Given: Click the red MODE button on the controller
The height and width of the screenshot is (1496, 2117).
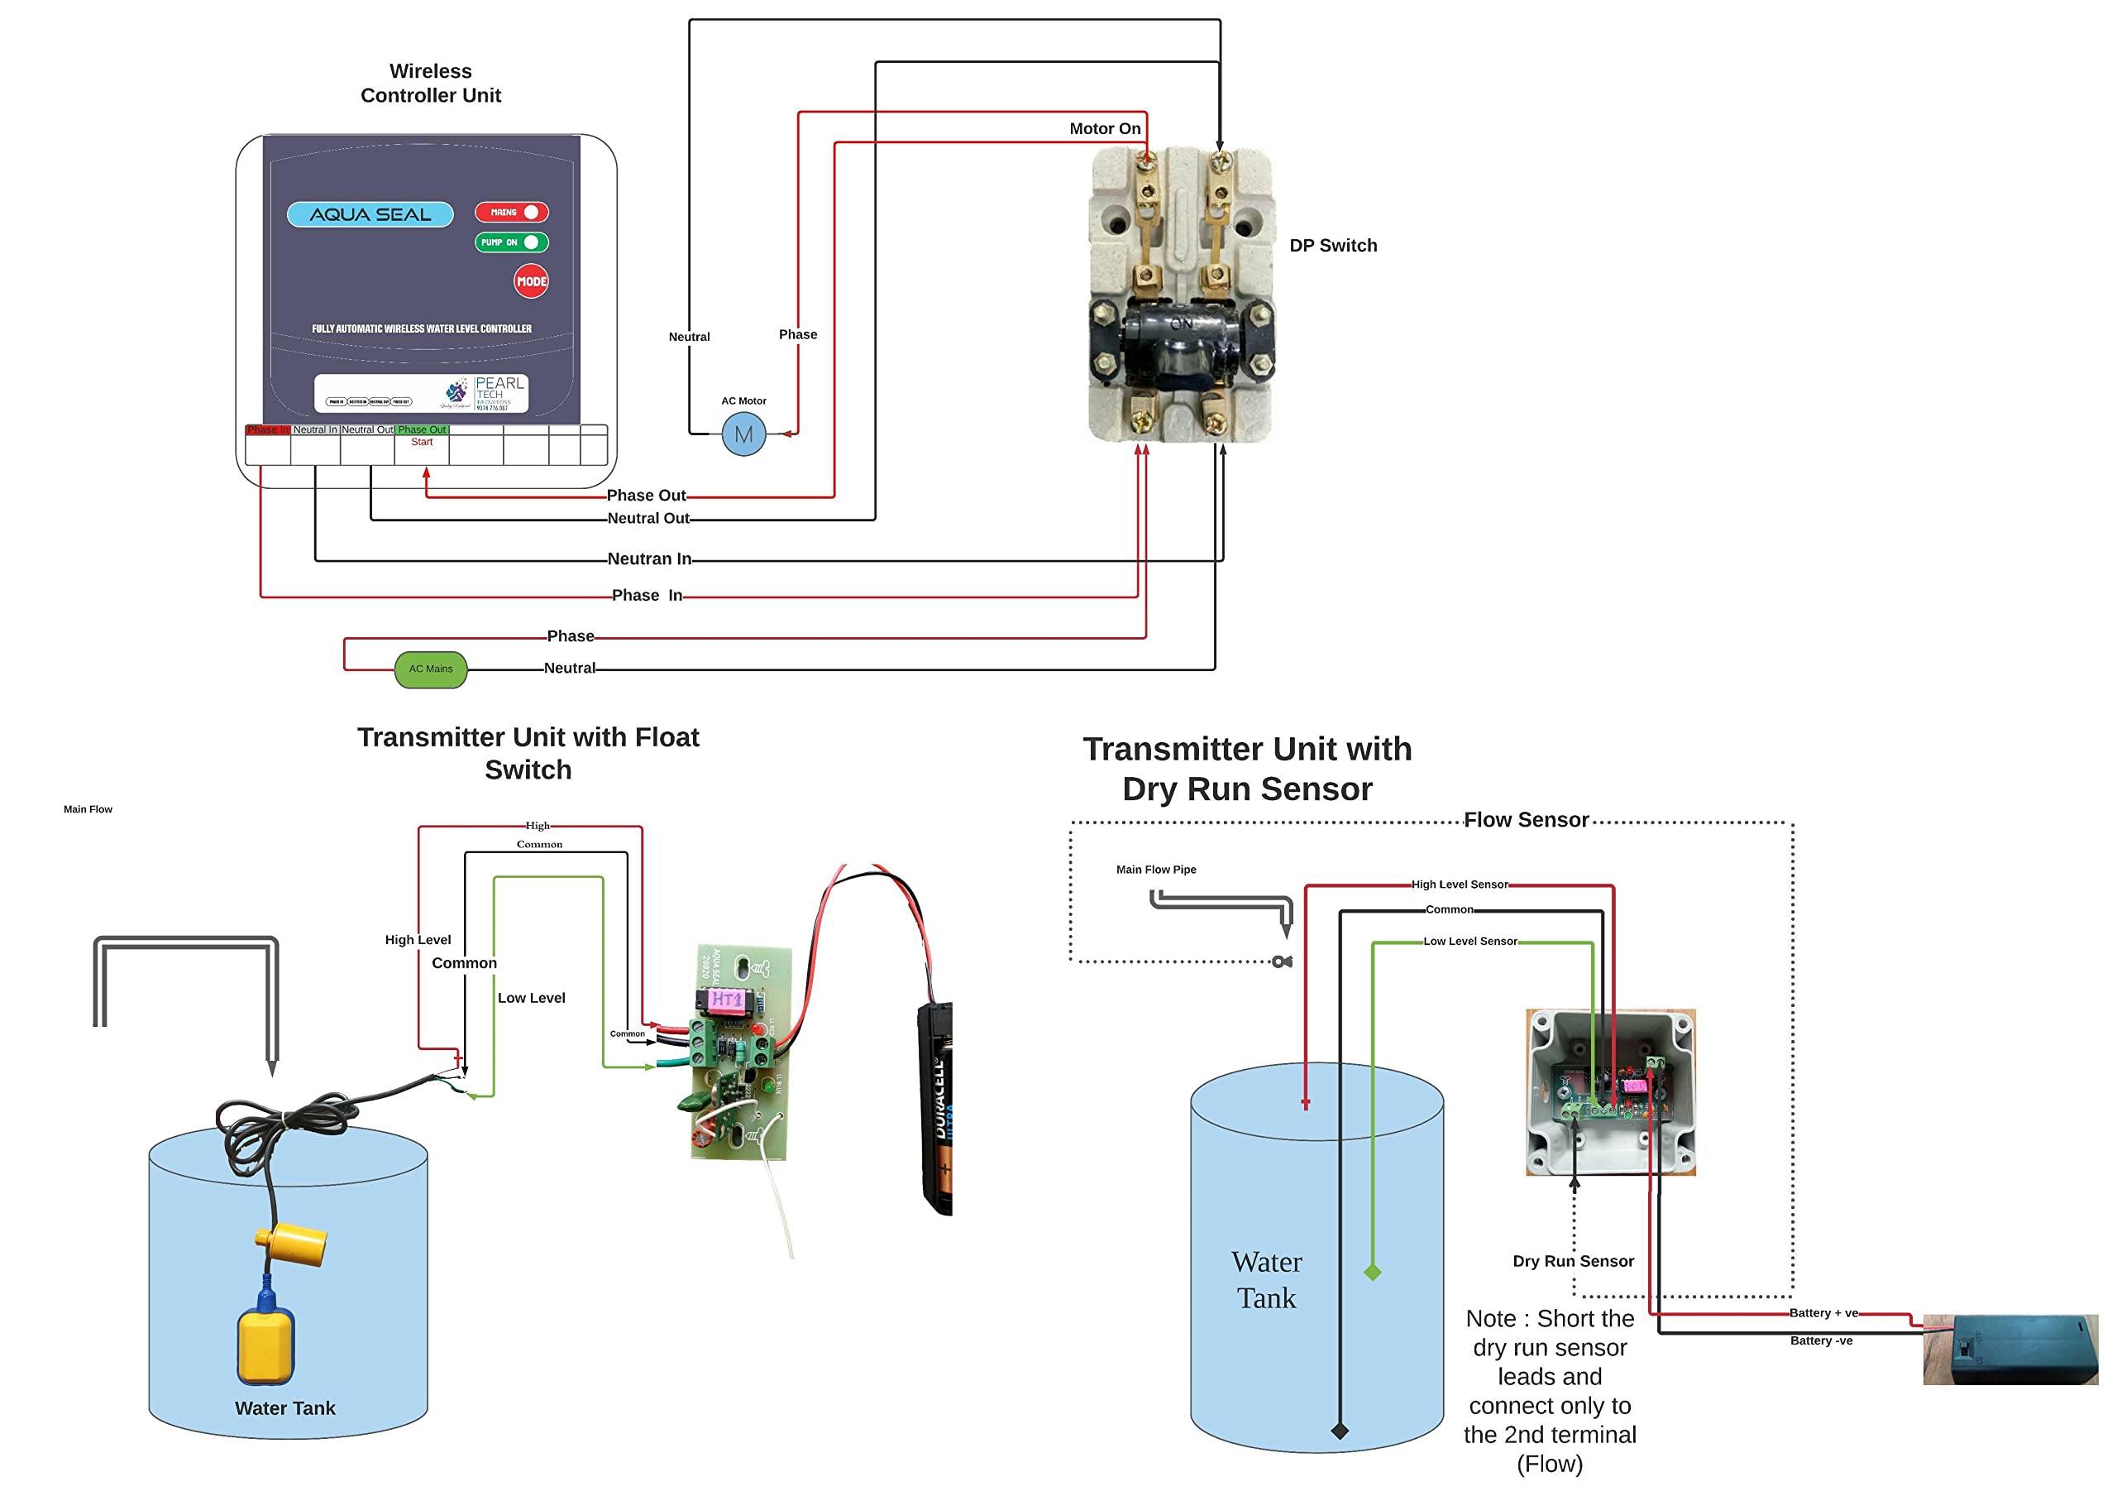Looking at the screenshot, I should pos(531,281).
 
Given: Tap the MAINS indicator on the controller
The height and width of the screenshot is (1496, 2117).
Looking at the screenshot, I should pos(512,212).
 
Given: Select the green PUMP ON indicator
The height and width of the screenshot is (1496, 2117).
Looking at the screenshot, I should pos(512,242).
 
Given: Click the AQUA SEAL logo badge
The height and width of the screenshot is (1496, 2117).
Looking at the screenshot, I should pos(370,214).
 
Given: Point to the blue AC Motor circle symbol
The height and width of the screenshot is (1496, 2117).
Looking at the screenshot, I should pos(743,434).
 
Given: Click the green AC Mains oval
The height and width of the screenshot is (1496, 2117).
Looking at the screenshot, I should pos(431,669).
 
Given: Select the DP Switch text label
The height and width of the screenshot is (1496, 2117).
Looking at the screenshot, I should pos(1333,246).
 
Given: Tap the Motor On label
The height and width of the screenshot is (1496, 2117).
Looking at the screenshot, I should pos(1105,129).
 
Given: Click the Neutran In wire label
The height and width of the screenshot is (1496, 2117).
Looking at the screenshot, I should pos(649,559).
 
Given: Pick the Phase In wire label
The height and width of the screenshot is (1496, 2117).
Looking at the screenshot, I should pos(648,596).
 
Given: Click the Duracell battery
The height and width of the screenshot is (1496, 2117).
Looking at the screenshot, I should pos(936,1107).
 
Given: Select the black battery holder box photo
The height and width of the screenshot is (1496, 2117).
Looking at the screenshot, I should pos(2010,1350).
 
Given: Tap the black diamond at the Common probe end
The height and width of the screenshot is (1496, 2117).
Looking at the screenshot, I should pos(1340,1431).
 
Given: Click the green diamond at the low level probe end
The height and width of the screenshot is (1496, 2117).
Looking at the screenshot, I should pos(1373,1273).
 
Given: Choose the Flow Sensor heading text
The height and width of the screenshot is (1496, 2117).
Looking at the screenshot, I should pos(1526,820).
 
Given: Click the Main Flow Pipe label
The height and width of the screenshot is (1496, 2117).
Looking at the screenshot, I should pos(1156,870).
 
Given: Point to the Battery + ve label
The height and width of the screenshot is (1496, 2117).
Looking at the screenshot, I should pos(1823,1312).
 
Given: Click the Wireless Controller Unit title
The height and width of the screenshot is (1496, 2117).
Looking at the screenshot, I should pos(431,83).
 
